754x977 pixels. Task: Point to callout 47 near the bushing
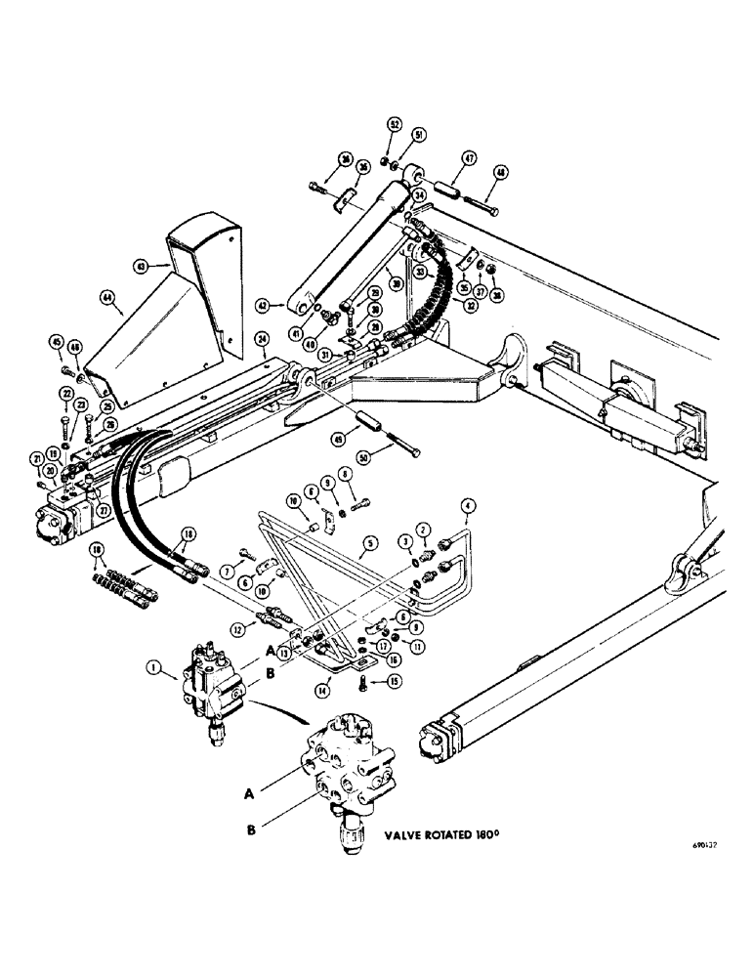[x=469, y=157]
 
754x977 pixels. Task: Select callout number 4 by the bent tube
[x=469, y=504]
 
